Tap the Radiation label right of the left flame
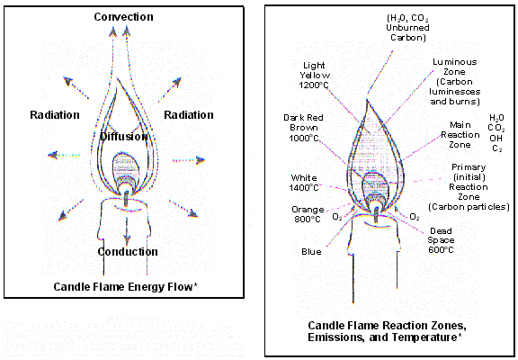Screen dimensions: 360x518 [189, 114]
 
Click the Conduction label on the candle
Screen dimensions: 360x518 [128, 251]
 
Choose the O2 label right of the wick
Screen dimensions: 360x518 [415, 218]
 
